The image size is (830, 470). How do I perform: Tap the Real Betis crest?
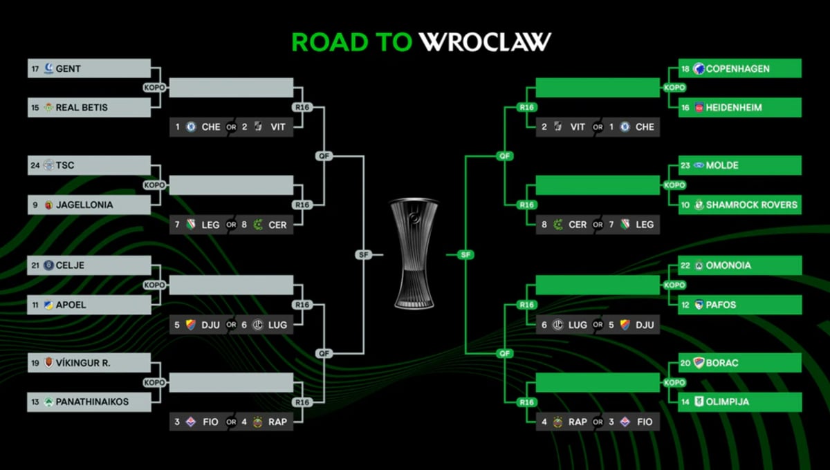tap(48, 108)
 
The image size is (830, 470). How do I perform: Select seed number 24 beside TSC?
tap(35, 166)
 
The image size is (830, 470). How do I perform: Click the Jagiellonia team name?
tap(84, 205)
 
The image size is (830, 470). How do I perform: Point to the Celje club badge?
tap(48, 265)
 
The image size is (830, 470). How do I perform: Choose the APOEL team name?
tap(71, 305)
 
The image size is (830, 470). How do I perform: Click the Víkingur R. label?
tap(83, 363)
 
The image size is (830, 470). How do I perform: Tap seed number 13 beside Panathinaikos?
tap(35, 402)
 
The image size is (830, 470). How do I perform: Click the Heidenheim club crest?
tap(699, 108)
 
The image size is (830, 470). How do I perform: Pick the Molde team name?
tap(722, 166)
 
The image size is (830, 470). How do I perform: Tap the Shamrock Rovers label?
tap(751, 205)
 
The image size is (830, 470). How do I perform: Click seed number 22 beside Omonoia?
tap(685, 265)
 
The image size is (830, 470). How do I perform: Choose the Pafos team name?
tap(721, 305)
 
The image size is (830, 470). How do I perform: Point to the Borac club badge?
tap(699, 363)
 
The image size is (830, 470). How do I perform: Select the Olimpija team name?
tap(728, 402)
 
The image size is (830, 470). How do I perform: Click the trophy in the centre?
tap(414, 253)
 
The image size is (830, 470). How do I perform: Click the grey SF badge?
tap(363, 255)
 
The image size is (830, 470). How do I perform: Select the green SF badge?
tap(465, 255)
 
